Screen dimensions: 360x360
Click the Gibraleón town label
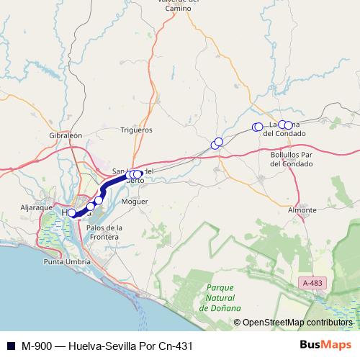(x=66, y=135)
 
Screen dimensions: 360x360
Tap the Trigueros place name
(x=137, y=130)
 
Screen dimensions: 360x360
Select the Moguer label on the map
(x=135, y=202)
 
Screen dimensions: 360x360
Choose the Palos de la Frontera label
(x=104, y=232)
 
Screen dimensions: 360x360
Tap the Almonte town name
(x=302, y=210)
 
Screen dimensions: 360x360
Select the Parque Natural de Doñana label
(x=219, y=297)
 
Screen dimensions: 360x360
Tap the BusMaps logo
(x=320, y=345)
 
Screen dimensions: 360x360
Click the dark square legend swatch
(x=10, y=346)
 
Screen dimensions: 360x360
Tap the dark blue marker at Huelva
(x=72, y=213)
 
